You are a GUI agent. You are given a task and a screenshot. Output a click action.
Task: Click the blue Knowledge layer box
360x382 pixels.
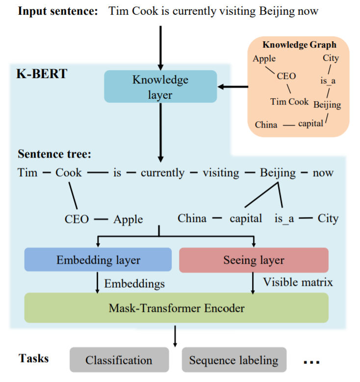click(160, 86)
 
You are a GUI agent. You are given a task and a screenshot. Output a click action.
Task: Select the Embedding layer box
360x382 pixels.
click(98, 260)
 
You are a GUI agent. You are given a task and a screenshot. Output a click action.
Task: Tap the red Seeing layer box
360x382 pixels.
click(254, 260)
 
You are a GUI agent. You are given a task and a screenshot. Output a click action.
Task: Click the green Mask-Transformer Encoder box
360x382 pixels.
click(176, 308)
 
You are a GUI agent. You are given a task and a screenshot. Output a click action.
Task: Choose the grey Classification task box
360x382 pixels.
click(119, 360)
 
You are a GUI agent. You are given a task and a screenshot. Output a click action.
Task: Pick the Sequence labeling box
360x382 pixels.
click(233, 360)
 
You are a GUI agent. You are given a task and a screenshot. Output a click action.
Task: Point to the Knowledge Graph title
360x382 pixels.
click(299, 45)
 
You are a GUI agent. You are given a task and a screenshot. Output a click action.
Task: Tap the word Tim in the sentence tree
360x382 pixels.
click(27, 173)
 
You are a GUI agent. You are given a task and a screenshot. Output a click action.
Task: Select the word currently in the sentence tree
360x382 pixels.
click(162, 173)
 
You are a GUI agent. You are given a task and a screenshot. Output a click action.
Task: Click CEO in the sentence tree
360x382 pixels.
click(77, 218)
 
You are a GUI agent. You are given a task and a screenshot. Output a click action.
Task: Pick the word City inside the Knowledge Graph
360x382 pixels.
click(331, 58)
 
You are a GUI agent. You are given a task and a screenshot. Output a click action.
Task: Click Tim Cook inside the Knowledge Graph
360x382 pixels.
click(289, 102)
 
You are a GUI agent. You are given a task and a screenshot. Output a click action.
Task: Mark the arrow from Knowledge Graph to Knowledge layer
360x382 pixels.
click(232, 87)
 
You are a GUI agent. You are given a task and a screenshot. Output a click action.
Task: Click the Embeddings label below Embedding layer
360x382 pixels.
click(134, 283)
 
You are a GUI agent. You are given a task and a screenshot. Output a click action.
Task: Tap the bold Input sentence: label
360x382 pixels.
click(58, 11)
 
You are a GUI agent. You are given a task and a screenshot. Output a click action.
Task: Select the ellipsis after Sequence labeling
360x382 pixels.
click(311, 362)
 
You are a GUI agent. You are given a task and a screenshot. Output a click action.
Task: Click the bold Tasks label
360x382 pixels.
click(33, 358)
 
